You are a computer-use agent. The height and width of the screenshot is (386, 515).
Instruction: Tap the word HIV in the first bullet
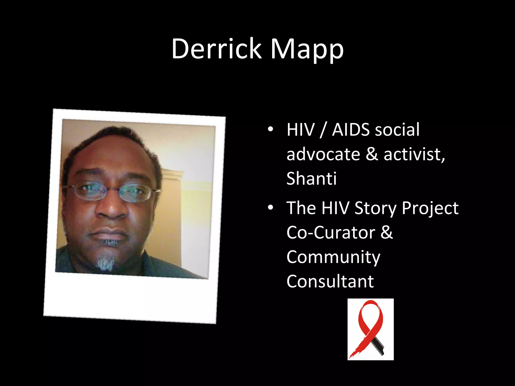tap(301, 130)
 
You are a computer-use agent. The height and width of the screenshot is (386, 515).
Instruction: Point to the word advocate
tap(323, 154)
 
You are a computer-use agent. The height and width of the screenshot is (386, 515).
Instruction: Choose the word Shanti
tap(311, 179)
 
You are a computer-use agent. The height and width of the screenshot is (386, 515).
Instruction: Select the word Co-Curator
tap(331, 233)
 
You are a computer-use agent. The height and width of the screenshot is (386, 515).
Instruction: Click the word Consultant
tap(330, 281)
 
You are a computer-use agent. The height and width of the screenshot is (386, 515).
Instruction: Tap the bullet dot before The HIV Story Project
tap(270, 208)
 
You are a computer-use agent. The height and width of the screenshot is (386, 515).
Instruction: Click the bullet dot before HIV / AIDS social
tap(270, 129)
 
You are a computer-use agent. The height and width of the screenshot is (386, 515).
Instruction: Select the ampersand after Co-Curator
tap(387, 233)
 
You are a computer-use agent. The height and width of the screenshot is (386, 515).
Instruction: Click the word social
tap(397, 130)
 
